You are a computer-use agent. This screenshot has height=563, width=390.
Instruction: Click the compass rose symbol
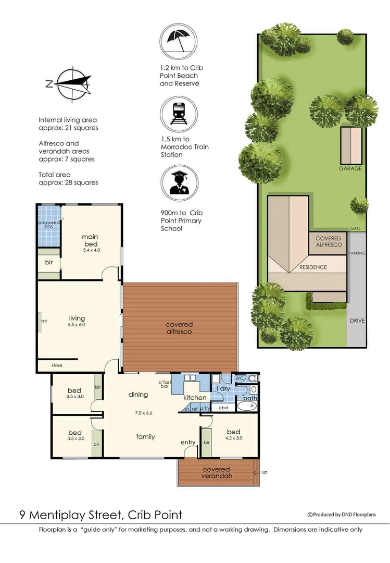pos(69,83)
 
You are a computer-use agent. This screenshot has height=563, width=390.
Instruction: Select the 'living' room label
pos(77,318)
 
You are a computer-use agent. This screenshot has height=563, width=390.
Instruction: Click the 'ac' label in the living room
pos(44,321)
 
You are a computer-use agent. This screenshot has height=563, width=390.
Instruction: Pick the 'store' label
pos(57,365)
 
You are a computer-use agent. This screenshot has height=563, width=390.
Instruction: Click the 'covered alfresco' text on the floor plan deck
pos(179,328)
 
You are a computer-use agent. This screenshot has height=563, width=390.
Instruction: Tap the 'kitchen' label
pos(195,398)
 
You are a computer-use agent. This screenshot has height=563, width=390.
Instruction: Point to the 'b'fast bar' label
pos(165,385)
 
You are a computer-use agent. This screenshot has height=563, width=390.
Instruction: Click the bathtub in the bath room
pos(246,406)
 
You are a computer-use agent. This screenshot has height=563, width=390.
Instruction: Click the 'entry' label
pos(188,443)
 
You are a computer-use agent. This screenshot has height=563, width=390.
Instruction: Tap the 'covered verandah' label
pos(217,472)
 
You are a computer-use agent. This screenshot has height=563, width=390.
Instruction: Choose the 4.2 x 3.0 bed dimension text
pos(233,438)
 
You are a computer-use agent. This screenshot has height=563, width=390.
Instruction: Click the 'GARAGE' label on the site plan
pos(350,168)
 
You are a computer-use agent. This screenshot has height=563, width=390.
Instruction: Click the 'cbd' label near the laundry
pos(223,408)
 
